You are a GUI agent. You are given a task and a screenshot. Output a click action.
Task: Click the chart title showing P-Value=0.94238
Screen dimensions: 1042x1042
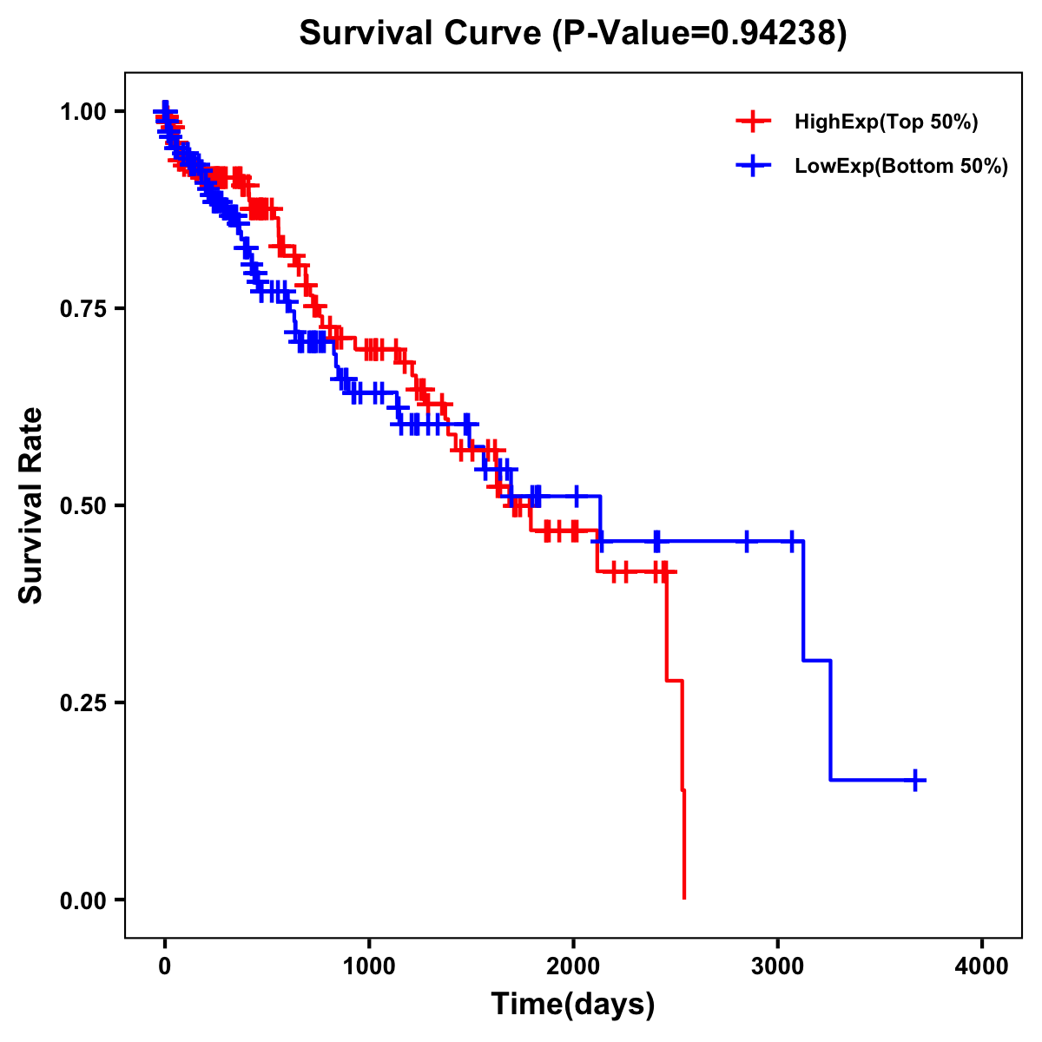pos(573,34)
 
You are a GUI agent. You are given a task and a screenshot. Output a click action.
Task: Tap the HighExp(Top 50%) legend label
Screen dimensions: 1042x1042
pos(887,122)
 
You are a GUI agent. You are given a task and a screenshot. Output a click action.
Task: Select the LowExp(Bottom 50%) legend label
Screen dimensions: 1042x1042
pos(901,167)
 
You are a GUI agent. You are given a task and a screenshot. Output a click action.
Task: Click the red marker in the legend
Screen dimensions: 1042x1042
pos(753,122)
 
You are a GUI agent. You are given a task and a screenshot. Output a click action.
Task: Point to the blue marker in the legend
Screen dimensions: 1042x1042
pos(753,166)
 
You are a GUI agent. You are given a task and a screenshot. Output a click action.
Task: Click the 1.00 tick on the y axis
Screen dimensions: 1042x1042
pos(82,112)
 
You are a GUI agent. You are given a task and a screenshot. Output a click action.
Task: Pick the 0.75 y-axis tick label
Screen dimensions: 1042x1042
pos(82,309)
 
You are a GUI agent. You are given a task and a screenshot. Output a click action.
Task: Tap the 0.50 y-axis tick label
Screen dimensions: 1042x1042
pos(82,506)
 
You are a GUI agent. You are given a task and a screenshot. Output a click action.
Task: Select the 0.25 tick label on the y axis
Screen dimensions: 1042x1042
pos(82,703)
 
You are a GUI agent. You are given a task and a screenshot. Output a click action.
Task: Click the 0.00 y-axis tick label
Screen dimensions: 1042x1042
pos(82,900)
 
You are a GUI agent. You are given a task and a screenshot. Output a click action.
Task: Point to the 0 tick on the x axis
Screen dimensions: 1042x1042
pos(165,966)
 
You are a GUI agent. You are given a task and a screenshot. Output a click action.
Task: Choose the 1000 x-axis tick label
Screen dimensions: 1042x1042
pos(369,966)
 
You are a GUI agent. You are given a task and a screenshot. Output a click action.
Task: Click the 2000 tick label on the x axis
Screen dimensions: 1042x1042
pos(573,966)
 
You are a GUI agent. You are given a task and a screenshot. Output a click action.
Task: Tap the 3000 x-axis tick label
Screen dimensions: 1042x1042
pos(778,966)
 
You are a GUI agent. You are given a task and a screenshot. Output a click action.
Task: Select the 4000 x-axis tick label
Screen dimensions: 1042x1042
pos(982,966)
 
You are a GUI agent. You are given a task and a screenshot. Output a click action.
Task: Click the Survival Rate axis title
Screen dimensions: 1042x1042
pos(32,505)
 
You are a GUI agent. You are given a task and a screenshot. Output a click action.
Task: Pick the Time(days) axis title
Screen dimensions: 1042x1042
pos(573,1005)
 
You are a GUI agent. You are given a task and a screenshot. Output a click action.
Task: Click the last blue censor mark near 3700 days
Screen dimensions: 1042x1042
pos(915,780)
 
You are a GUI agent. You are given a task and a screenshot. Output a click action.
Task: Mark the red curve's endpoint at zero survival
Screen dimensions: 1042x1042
pos(684,898)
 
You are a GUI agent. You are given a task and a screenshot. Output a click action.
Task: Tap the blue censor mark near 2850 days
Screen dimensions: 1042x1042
pos(746,541)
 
